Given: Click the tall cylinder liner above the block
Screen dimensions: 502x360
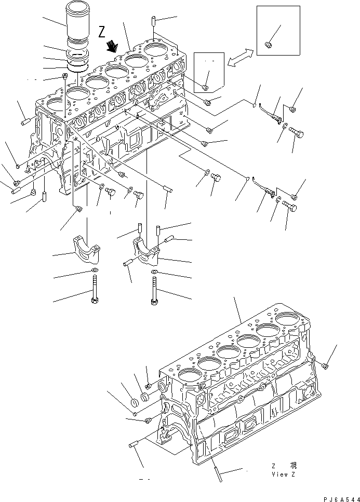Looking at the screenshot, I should coord(77,25).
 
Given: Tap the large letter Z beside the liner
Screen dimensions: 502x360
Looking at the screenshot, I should coord(102,33).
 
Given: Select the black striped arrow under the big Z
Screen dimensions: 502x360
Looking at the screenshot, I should coord(111,48).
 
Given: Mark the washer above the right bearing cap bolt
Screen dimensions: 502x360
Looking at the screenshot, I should coord(155,273).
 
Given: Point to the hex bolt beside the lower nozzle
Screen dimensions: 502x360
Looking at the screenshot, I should coord(289,208).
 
